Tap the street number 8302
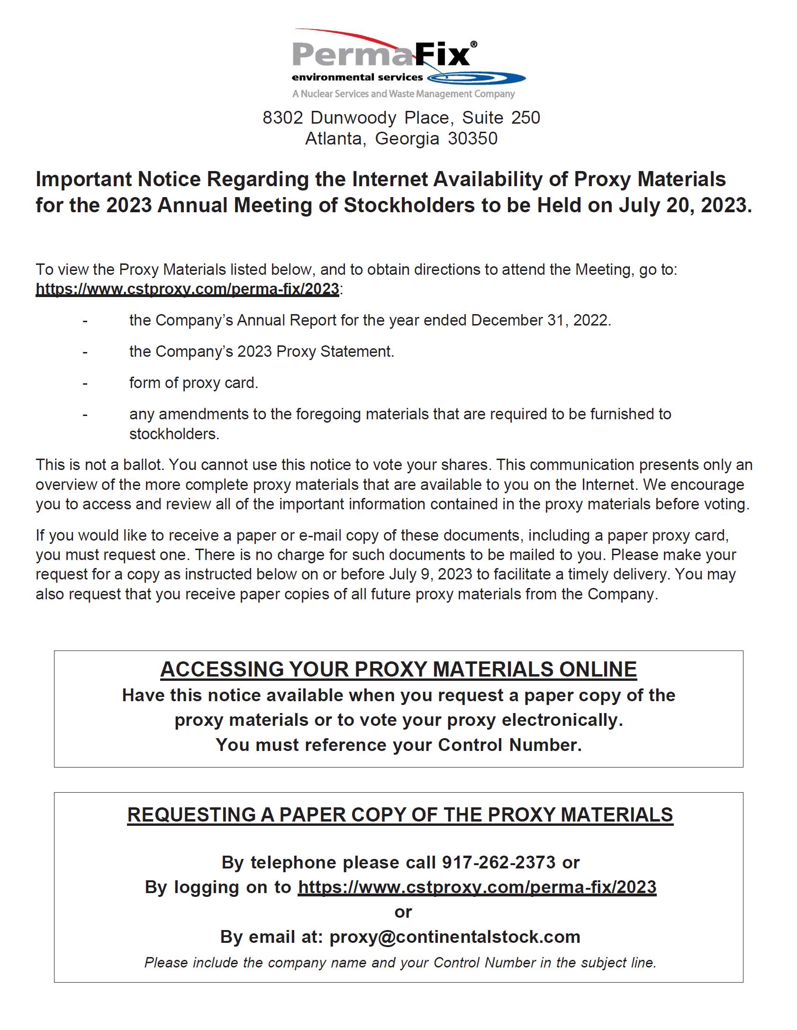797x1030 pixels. pyautogui.click(x=283, y=117)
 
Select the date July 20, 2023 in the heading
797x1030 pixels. pyautogui.click(x=685, y=205)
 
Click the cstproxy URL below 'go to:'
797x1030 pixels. pyautogui.click(x=187, y=289)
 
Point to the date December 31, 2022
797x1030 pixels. pyautogui.click(x=540, y=320)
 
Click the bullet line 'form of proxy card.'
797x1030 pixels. pyautogui.click(x=194, y=383)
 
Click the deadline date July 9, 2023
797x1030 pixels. pyautogui.click(x=431, y=574)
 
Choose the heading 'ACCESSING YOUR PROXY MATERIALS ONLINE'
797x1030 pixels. pyautogui.click(x=398, y=669)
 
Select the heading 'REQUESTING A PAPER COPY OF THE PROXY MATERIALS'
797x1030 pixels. pyautogui.click(x=400, y=814)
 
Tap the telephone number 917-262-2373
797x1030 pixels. pyautogui.click(x=498, y=862)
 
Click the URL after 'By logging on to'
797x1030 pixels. pyautogui.click(x=477, y=887)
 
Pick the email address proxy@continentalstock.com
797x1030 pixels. pyautogui.click(x=455, y=937)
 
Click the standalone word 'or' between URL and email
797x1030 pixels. pyautogui.click(x=403, y=912)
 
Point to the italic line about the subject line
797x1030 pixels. pyautogui.click(x=400, y=962)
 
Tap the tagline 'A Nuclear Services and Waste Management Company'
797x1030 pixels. pyautogui.click(x=403, y=94)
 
